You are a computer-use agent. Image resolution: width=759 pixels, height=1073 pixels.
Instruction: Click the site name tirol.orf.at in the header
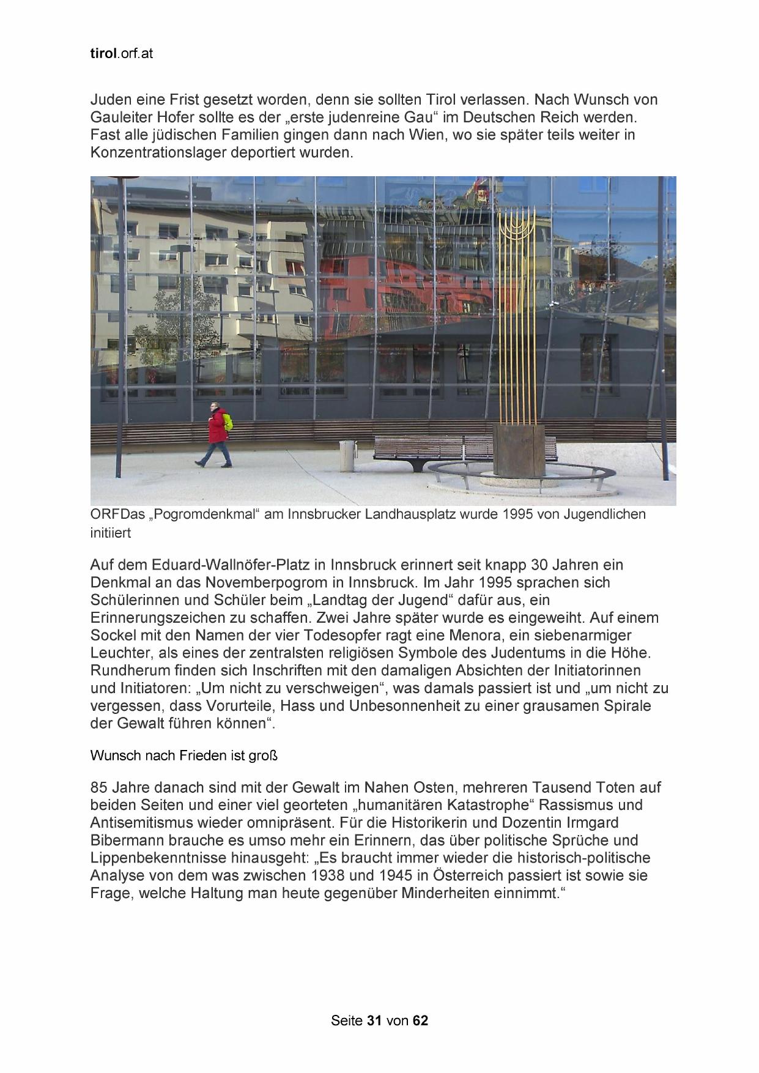(121, 54)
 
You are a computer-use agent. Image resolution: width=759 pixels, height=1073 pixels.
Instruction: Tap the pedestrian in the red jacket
(215, 433)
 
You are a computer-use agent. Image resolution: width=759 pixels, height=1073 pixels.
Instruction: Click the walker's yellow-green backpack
(228, 422)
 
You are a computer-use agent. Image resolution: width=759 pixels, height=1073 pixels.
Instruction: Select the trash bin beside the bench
(347, 456)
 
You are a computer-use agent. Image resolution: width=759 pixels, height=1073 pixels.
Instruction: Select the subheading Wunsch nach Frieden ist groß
(184, 756)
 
